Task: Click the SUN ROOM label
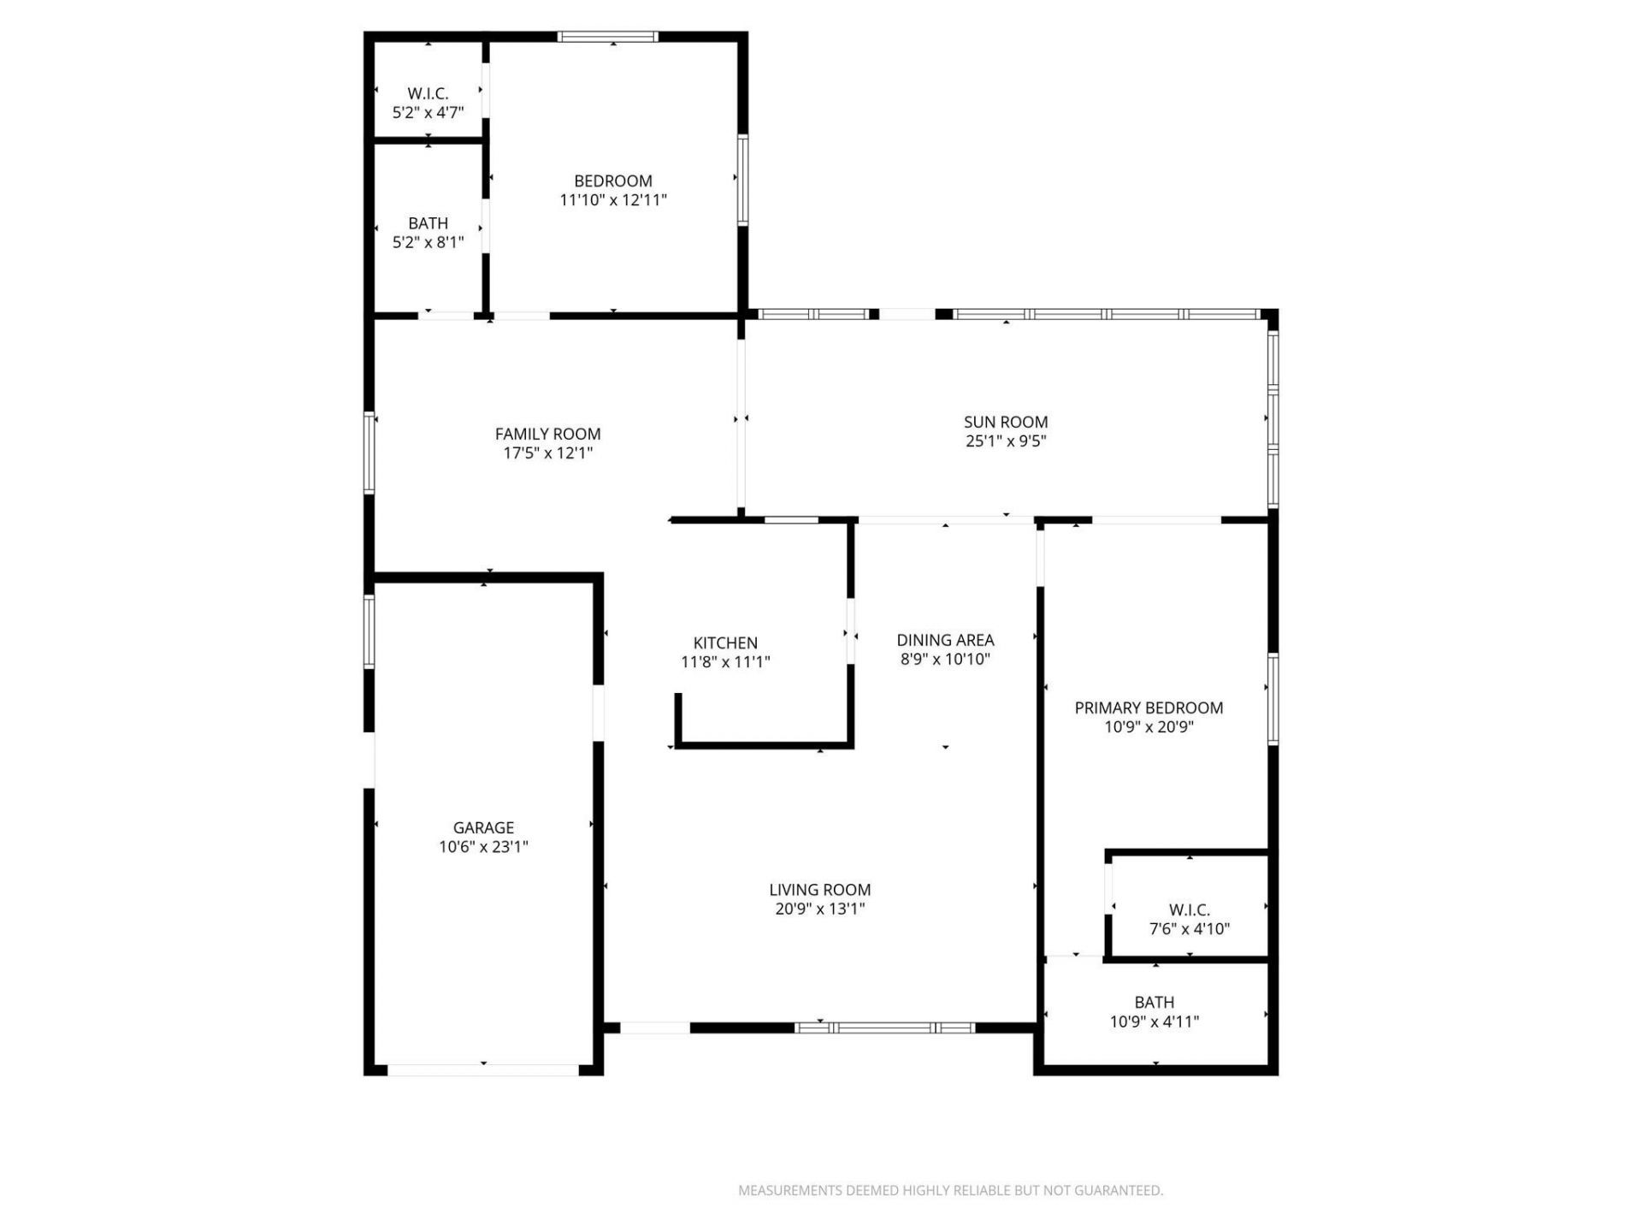pos(1006,422)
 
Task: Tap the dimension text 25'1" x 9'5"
pos(1006,441)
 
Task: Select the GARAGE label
pos(483,827)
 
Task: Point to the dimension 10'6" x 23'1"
pos(483,847)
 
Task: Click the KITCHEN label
pos(725,643)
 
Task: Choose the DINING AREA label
pos(945,640)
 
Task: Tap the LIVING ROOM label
pos(819,890)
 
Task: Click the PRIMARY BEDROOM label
pos(1149,708)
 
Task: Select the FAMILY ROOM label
pos(547,434)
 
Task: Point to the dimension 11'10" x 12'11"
pos(613,200)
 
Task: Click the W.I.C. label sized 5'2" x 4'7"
pos(428,93)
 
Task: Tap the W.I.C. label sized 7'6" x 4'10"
pos(1190,909)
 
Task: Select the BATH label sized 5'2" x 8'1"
pos(428,223)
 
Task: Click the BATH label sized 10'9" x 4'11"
pos(1154,1002)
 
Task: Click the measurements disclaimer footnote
pos(950,1190)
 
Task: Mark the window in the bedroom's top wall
pos(608,37)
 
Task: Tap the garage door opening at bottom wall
pos(483,1069)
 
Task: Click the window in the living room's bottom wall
pos(884,1028)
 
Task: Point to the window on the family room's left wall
pos(369,453)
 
